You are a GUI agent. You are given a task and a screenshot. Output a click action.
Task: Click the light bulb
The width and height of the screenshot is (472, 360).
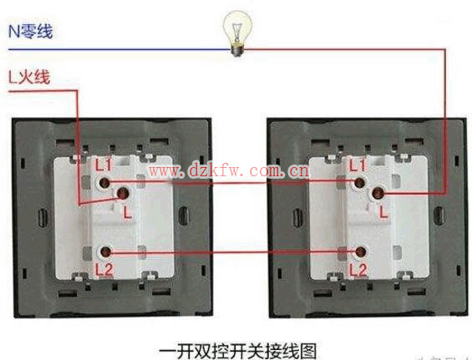237,33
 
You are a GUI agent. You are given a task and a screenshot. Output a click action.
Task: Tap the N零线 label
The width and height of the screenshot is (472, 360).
31,31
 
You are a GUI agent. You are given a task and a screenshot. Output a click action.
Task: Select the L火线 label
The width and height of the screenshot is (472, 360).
29,77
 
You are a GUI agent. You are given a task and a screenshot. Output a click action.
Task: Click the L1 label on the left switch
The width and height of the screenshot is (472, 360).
104,165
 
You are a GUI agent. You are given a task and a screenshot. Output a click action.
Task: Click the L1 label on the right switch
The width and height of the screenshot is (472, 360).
358,165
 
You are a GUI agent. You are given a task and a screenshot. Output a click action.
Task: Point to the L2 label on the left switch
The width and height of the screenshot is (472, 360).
104,270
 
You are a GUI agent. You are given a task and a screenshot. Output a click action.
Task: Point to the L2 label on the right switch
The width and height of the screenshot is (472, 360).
358,270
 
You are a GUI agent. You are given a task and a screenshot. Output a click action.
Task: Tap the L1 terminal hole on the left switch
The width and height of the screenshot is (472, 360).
104,182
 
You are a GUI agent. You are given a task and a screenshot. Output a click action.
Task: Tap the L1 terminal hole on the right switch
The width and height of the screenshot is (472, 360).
359,182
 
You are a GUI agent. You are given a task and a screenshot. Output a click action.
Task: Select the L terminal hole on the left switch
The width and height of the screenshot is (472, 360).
123,193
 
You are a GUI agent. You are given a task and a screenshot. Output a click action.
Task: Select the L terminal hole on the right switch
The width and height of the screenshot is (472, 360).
378,194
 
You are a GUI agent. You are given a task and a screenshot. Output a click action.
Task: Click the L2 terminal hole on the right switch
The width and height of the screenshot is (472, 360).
360,252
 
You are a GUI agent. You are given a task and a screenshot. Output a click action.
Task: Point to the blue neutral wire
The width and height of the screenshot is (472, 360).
119,49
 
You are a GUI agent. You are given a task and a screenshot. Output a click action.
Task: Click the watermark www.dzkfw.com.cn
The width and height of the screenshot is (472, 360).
229,171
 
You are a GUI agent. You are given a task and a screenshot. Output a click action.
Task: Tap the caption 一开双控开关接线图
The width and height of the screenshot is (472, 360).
238,351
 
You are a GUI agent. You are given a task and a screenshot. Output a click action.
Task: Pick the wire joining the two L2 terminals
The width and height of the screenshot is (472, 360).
232,252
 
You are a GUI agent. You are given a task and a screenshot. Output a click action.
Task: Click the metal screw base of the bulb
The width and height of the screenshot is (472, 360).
237,49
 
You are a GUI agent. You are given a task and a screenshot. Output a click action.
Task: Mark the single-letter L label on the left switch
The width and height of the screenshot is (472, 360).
128,212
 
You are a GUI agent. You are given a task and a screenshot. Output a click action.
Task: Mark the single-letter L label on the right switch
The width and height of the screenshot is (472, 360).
383,211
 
